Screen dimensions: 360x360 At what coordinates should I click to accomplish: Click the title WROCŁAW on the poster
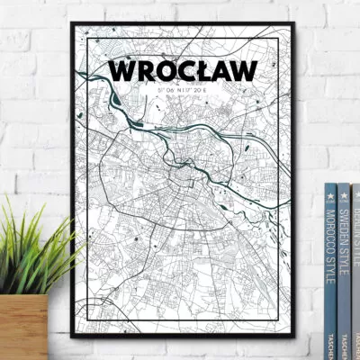[181, 70]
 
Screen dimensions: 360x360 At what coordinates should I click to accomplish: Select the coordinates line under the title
[180, 89]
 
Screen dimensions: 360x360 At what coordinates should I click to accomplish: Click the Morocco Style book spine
[330, 270]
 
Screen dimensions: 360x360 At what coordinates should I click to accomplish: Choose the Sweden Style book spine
[344, 270]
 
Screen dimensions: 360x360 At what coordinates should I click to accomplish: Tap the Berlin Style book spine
[355, 270]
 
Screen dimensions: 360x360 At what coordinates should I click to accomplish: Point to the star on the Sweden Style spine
[344, 192]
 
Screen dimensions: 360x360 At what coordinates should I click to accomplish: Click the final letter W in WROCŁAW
[241, 70]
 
